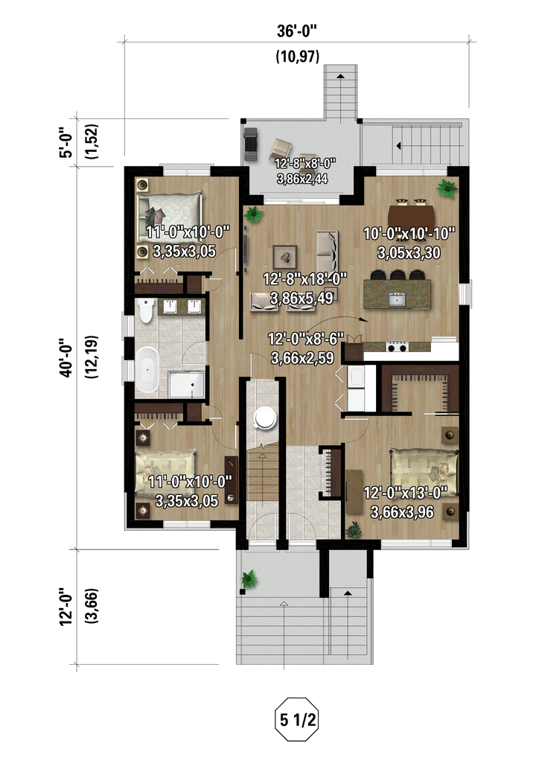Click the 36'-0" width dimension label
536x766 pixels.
pyautogui.click(x=296, y=31)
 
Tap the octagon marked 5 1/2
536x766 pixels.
pyautogui.click(x=296, y=720)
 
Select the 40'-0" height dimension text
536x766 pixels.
pyautogui.click(x=66, y=358)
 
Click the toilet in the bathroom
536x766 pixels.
pyautogui.click(x=146, y=310)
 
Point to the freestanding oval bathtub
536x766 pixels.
pyautogui.click(x=147, y=369)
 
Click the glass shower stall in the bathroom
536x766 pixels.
pyautogui.click(x=186, y=385)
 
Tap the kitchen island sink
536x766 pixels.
pyautogui.click(x=397, y=299)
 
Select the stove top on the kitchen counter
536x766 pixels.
pyautogui.click(x=397, y=346)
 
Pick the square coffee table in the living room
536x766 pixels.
pyautogui.click(x=285, y=255)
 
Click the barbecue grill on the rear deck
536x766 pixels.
pyautogui.click(x=251, y=144)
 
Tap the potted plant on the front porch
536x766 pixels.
pyautogui.click(x=249, y=579)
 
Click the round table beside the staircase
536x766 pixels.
pyautogui.click(x=265, y=418)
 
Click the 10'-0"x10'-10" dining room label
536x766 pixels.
pyautogui.click(x=409, y=234)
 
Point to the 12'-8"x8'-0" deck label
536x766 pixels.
pyautogui.click(x=305, y=163)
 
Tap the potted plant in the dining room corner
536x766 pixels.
pyautogui.click(x=447, y=188)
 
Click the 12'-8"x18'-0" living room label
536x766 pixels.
pyautogui.click(x=305, y=279)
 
